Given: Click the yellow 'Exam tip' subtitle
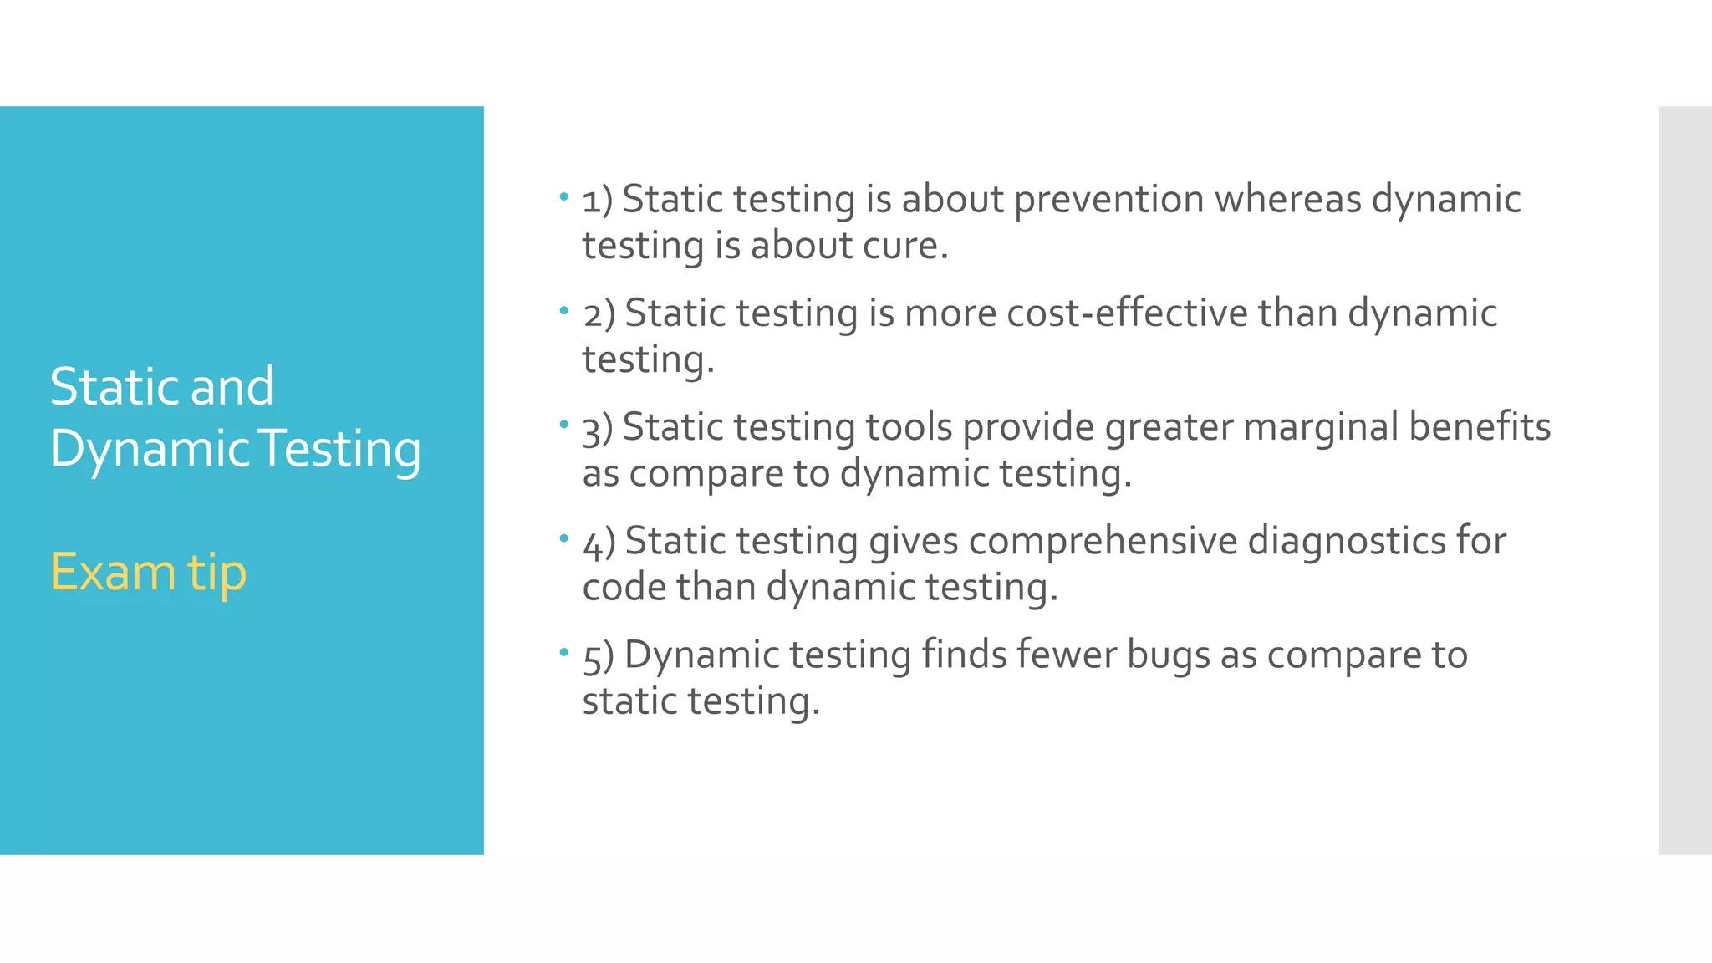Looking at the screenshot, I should click(148, 573).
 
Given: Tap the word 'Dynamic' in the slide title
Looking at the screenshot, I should click(150, 450).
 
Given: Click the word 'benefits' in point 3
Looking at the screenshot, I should click(1480, 426).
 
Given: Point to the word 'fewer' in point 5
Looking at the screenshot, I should click(1067, 655).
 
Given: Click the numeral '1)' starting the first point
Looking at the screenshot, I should click(597, 201).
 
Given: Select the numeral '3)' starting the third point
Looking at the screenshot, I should click(597, 430).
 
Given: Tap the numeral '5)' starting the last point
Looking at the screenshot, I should click(598, 657).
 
